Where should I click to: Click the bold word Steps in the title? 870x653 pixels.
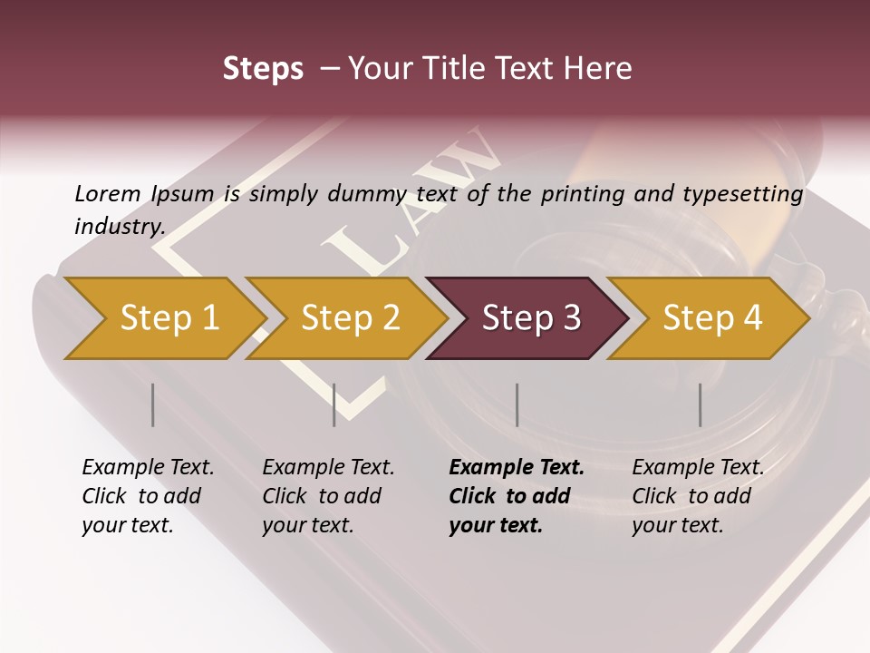[x=263, y=69]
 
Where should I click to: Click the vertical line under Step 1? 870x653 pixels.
[x=153, y=404]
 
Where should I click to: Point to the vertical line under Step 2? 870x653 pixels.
[x=334, y=404]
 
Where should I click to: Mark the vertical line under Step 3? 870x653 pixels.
[x=517, y=404]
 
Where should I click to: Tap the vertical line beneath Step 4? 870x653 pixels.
[x=700, y=404]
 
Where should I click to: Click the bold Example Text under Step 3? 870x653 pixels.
[x=517, y=468]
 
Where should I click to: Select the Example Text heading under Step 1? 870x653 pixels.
[x=148, y=468]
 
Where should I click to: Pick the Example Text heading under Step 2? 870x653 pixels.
[x=328, y=468]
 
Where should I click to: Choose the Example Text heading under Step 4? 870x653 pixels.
[x=698, y=468]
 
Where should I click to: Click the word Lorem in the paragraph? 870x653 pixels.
[x=107, y=194]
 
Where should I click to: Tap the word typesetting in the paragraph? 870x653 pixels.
[x=742, y=194]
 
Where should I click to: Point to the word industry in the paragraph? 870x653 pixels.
[x=119, y=226]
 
